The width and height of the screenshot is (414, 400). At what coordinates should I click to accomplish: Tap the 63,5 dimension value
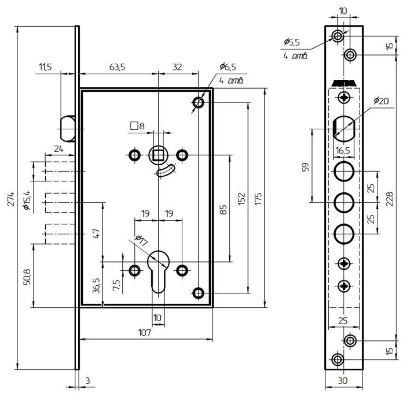pyautogui.click(x=118, y=67)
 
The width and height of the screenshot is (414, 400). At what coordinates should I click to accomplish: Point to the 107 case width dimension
pyautogui.click(x=144, y=333)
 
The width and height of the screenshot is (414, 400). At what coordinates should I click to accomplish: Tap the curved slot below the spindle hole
pyautogui.click(x=166, y=170)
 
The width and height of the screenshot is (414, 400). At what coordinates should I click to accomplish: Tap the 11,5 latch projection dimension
pyautogui.click(x=46, y=67)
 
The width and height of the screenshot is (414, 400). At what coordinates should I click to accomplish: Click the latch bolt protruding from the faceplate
pyautogui.click(x=68, y=127)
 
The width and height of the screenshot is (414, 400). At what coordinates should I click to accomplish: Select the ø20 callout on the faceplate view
pyautogui.click(x=381, y=101)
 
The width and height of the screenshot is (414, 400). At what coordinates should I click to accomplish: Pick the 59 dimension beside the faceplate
pyautogui.click(x=305, y=167)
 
